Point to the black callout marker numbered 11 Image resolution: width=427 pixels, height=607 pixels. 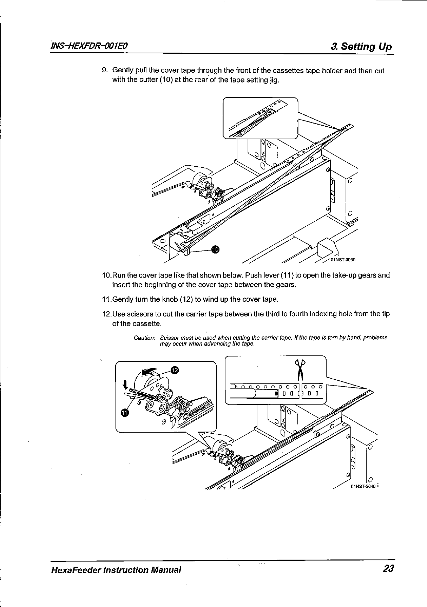coord(124,412)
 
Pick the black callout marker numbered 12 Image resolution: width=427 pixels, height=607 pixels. coord(175,369)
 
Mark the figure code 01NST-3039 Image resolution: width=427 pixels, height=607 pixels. coord(343,260)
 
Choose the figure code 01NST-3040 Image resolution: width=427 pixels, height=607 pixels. coord(364,487)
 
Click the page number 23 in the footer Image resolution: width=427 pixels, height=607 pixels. coord(388,569)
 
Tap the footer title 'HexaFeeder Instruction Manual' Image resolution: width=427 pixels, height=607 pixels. coord(116,569)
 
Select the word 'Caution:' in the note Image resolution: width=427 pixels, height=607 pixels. coord(144,338)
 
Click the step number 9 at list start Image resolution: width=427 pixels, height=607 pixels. coord(104,70)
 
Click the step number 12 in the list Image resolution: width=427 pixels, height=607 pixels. coord(105,314)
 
